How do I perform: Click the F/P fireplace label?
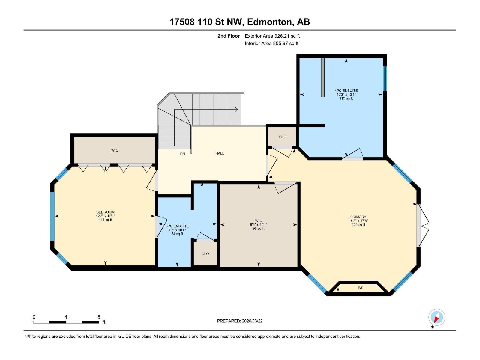click(361, 288)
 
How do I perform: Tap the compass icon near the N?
click(437, 317)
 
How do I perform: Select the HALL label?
click(220, 153)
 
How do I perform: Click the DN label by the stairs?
click(182, 154)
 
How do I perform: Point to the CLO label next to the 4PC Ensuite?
click(283, 137)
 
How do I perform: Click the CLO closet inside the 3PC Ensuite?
click(205, 254)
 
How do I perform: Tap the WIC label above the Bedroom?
click(115, 150)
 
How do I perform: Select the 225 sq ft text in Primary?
click(358, 225)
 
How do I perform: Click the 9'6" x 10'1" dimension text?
click(259, 225)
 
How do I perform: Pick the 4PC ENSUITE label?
click(346, 91)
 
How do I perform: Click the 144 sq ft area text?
click(105, 220)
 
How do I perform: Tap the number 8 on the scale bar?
click(99, 317)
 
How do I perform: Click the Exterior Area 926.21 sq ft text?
click(272, 36)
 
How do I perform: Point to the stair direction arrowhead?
click(236, 109)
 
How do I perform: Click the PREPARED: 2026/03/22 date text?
click(240, 321)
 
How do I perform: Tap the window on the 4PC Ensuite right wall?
click(385, 78)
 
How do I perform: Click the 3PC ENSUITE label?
click(177, 226)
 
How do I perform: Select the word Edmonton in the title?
click(270, 22)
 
